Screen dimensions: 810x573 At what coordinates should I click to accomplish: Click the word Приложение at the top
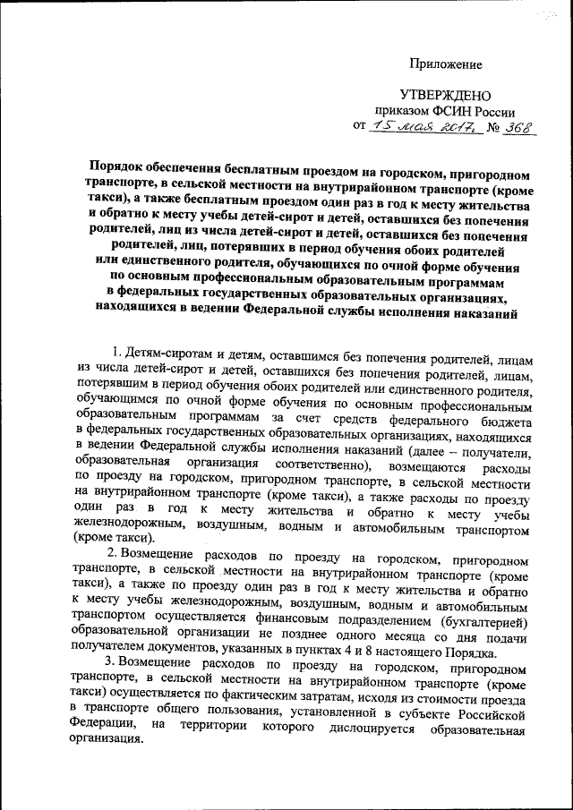[445, 64]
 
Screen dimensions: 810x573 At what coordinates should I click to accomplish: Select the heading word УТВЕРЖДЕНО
[445, 96]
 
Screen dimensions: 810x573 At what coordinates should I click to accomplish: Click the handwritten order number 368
[517, 129]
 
